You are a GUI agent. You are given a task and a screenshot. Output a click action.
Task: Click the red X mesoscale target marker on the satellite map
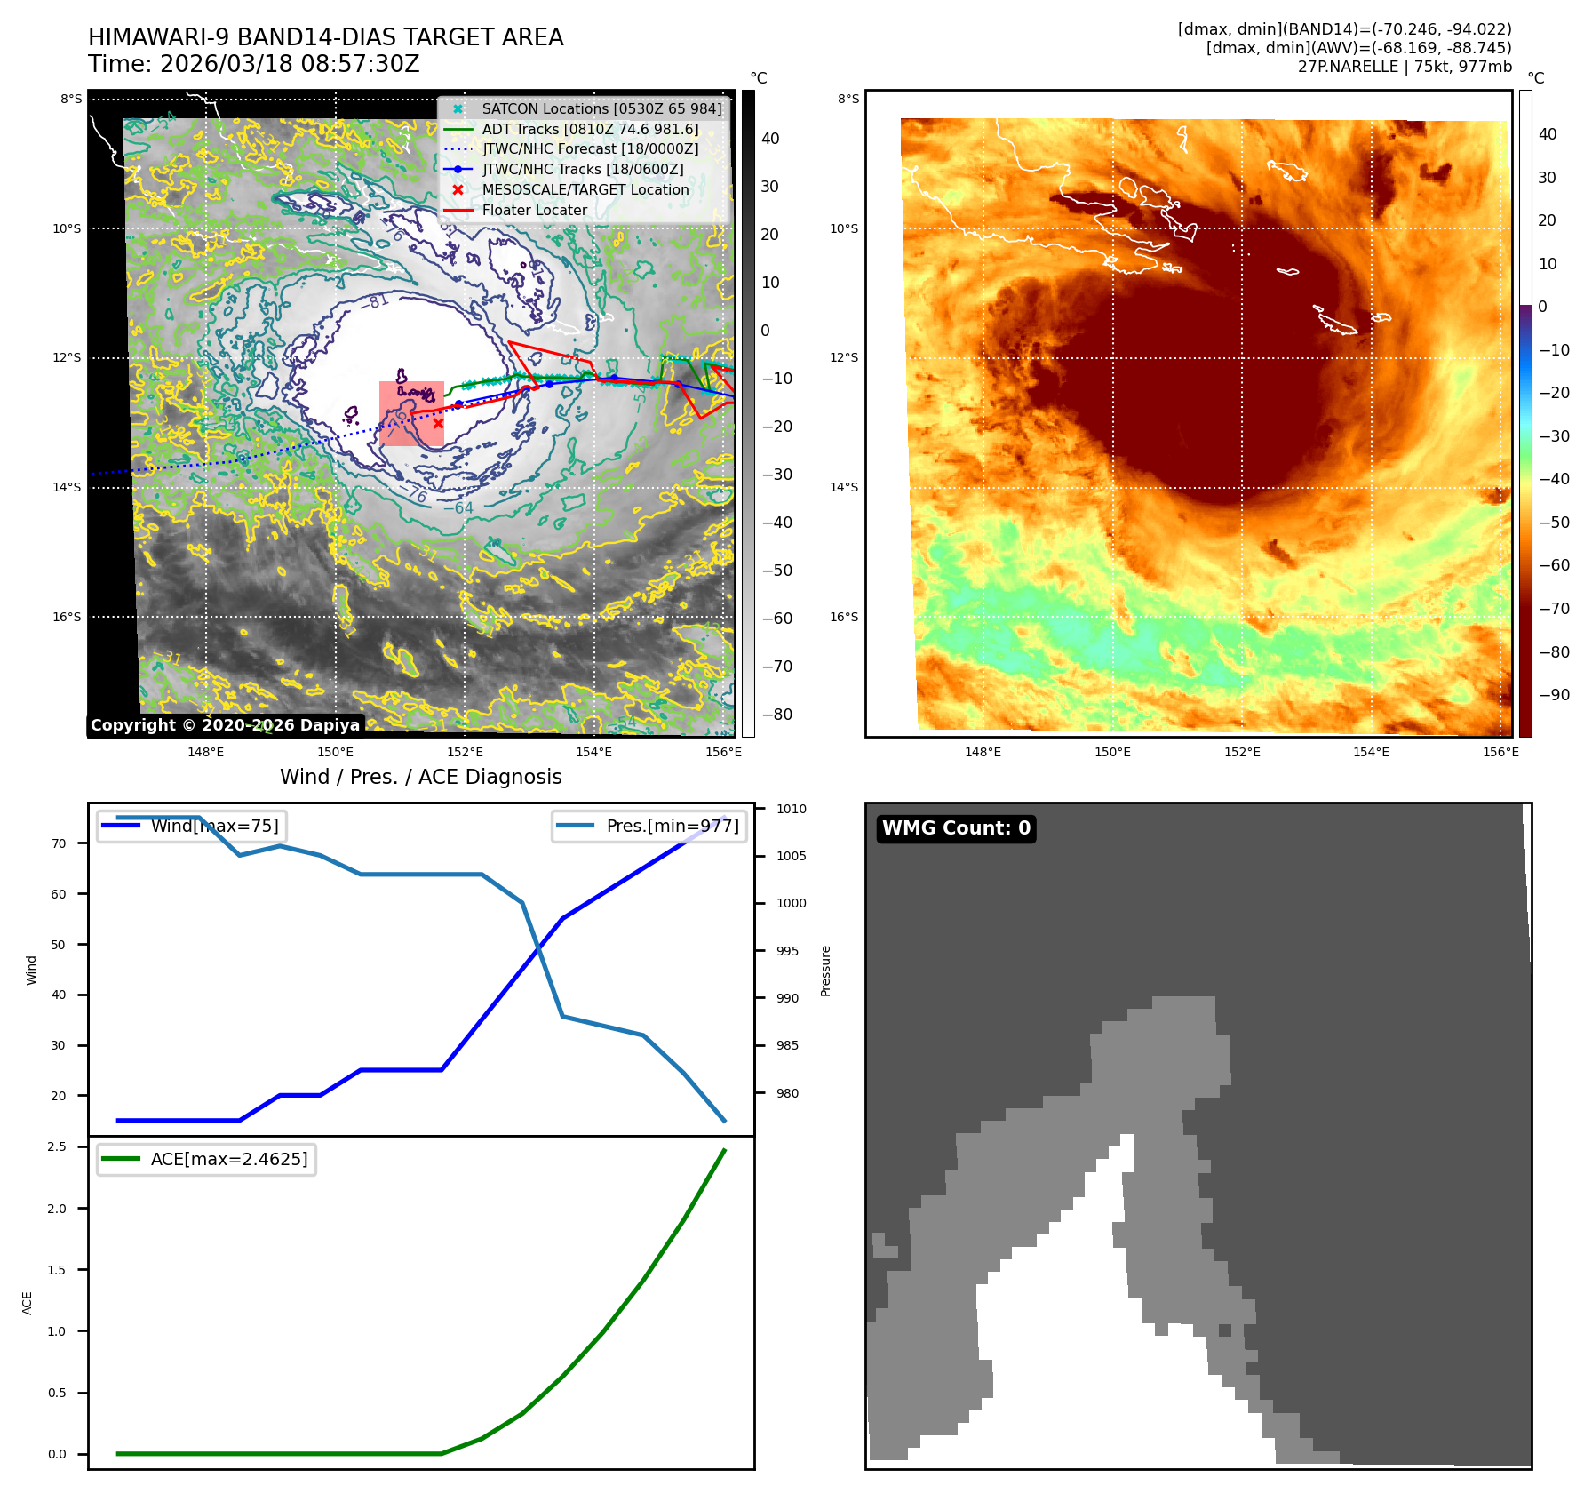pyautogui.click(x=438, y=424)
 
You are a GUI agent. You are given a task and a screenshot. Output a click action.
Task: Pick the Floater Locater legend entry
pyautogui.click(x=534, y=211)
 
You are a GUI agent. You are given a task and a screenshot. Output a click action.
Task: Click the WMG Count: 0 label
pyautogui.click(x=956, y=828)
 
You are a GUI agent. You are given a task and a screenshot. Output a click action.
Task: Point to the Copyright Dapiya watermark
pyautogui.click(x=225, y=725)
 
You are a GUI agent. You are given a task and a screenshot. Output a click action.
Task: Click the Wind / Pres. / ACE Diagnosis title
pyautogui.click(x=420, y=778)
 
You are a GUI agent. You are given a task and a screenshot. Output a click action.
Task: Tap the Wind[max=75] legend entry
pyautogui.click(x=214, y=827)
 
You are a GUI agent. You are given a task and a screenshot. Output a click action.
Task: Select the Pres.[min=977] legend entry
pyautogui.click(x=672, y=827)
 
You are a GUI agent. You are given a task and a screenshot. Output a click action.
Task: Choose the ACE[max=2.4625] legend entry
pyautogui.click(x=229, y=1160)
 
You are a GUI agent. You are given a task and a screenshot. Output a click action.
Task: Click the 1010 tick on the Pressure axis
pyautogui.click(x=791, y=810)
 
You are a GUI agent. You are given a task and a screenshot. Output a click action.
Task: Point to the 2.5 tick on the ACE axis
pyautogui.click(x=57, y=1147)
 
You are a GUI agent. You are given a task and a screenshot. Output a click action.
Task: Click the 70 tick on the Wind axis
pyautogui.click(x=59, y=843)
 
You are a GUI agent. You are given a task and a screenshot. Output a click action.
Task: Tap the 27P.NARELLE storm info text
pyautogui.click(x=1404, y=67)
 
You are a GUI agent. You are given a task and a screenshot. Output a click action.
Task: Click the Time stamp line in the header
pyautogui.click(x=253, y=65)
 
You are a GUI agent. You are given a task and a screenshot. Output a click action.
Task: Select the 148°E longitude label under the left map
pyautogui.click(x=205, y=753)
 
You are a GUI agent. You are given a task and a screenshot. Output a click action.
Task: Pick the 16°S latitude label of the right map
pyautogui.click(x=844, y=617)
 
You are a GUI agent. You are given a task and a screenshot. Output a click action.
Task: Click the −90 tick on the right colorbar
pyautogui.click(x=1554, y=695)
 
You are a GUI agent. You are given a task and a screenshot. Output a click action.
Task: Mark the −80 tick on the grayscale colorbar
pyautogui.click(x=776, y=715)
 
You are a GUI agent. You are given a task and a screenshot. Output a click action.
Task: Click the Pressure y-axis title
pyautogui.click(x=825, y=971)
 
